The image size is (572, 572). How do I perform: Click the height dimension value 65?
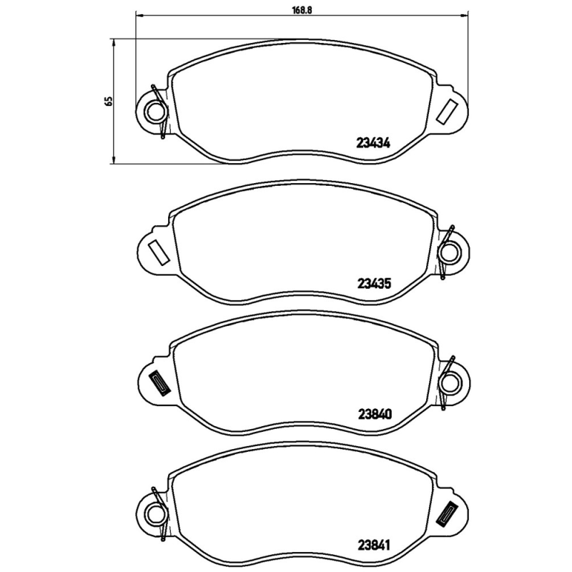[109, 100]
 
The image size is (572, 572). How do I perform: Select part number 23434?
[373, 142]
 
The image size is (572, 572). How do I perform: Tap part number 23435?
[373, 282]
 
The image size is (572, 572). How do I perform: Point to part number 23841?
[373, 542]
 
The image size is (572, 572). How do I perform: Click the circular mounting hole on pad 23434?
[153, 111]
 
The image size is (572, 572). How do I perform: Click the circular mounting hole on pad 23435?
[450, 252]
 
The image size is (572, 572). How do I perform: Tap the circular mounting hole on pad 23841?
[153, 513]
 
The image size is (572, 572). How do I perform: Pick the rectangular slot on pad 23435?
[155, 252]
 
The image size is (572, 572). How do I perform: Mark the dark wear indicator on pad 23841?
[448, 513]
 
